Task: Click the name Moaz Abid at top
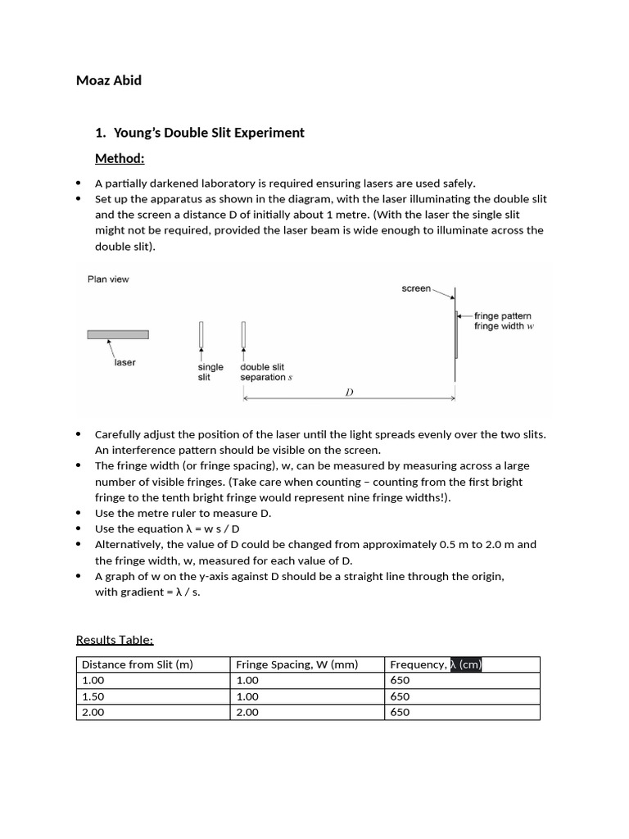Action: click(109, 80)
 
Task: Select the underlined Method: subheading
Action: click(120, 158)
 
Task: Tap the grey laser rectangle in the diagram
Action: click(118, 334)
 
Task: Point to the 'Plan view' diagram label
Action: click(108, 279)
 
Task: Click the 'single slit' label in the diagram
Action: click(210, 372)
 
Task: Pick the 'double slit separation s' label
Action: click(266, 372)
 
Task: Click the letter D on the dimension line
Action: click(349, 392)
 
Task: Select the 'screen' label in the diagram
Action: click(416, 288)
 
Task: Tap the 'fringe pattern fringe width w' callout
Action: click(503, 320)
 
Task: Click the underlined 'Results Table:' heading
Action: click(115, 639)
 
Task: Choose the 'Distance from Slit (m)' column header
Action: click(138, 664)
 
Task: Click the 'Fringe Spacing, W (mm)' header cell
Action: click(297, 664)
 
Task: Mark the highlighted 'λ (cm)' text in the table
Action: click(466, 664)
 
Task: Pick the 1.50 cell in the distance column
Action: click(94, 696)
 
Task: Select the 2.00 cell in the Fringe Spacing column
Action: click(247, 712)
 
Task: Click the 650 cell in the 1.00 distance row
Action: click(400, 680)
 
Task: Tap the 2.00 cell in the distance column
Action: click(94, 712)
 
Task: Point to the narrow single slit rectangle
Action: click(201, 334)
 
